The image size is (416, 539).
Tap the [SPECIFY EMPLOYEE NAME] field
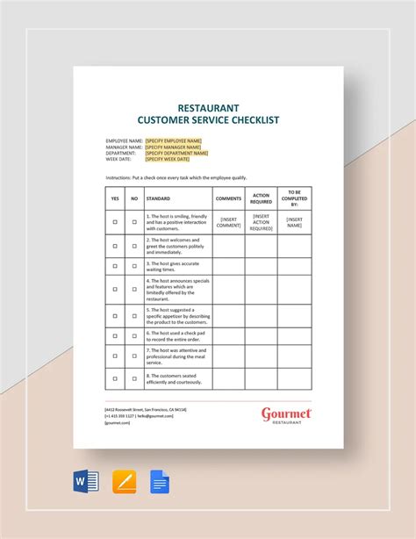click(174, 140)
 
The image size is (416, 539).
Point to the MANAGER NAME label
click(123, 146)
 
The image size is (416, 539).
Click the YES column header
click(115, 198)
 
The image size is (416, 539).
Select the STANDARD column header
click(159, 198)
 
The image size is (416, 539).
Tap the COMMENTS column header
click(228, 198)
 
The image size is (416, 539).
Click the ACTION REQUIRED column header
click(262, 198)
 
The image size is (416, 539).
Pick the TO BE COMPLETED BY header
click(294, 198)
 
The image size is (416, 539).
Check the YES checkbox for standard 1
click(115, 222)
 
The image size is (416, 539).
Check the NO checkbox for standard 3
click(134, 265)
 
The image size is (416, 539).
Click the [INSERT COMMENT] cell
click(228, 222)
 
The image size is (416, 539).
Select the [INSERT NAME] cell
click(294, 222)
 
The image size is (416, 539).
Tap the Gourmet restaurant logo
click(286, 415)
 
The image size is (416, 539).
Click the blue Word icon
click(86, 482)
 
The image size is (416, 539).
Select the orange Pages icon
click(125, 482)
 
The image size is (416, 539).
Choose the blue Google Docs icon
click(160, 482)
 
